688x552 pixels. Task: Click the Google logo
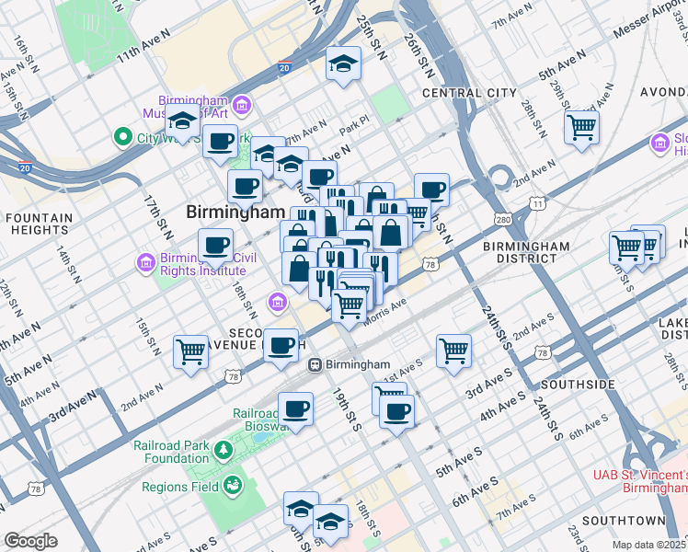coord(30,541)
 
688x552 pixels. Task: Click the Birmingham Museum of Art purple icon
coord(243,106)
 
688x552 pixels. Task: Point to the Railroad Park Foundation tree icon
coord(223,450)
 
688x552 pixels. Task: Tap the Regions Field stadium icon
coord(234,485)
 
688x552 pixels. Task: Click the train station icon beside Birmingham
coord(315,364)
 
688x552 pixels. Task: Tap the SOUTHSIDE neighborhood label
coord(578,384)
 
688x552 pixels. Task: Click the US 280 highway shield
coord(502,220)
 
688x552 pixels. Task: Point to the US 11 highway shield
coord(535,203)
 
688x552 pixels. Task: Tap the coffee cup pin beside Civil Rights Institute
coord(216,245)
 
